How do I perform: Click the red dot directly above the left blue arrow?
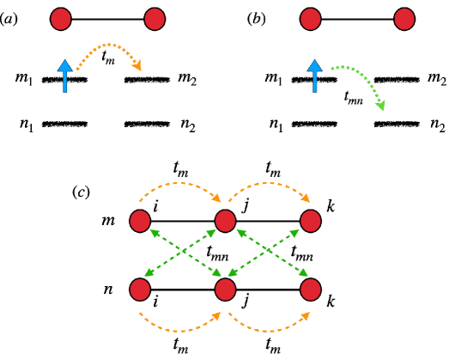61,19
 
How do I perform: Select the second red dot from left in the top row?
155,19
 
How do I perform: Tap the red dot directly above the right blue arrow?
311,19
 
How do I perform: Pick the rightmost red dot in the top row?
404,19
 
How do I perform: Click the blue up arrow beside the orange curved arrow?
64,76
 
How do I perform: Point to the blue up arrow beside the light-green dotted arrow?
315,76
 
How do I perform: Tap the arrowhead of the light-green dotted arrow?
380,106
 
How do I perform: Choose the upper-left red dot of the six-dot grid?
140,221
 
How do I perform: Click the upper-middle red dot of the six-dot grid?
225,221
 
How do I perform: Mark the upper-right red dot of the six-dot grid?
311,221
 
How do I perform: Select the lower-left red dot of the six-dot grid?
140,290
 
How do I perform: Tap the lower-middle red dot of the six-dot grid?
225,290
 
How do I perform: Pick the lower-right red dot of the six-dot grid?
311,290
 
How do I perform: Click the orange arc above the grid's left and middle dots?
179,183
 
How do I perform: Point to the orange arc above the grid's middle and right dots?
269,183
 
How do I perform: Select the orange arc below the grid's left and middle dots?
179,330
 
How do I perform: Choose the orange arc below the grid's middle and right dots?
269,330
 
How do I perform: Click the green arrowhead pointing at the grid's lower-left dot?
149,273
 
